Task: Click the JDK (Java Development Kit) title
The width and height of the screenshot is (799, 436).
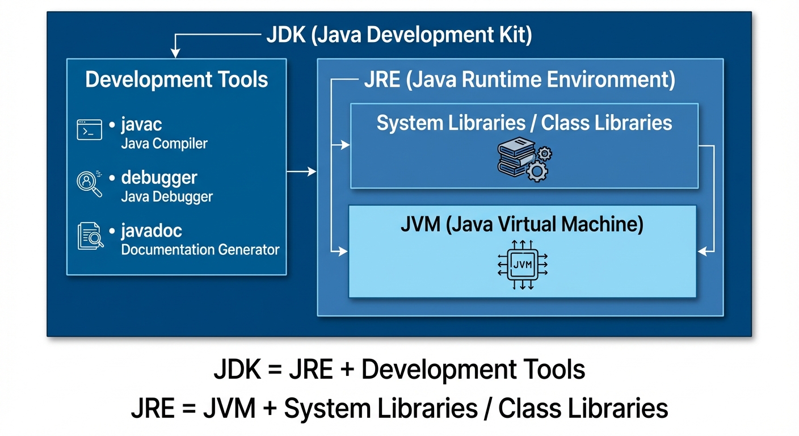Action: click(x=399, y=35)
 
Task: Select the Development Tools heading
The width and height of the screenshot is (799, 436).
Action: click(x=176, y=79)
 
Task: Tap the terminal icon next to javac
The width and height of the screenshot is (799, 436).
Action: click(x=89, y=130)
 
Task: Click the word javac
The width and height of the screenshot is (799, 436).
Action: click(x=142, y=124)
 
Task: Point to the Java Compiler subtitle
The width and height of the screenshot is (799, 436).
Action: click(x=164, y=144)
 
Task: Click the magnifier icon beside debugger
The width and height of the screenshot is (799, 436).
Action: click(x=89, y=183)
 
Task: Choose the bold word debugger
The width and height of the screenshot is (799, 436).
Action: click(x=159, y=178)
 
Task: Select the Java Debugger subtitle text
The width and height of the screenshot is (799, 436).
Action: click(x=167, y=197)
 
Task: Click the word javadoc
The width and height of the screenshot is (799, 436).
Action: click(x=152, y=231)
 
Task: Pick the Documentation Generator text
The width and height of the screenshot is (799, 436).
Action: click(x=200, y=250)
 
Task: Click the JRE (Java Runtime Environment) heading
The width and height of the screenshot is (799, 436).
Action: click(x=519, y=80)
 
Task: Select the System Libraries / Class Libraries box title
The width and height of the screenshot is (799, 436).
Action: click(x=524, y=123)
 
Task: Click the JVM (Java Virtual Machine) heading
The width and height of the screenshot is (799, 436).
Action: click(x=522, y=225)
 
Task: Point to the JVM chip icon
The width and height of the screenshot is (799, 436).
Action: click(x=522, y=265)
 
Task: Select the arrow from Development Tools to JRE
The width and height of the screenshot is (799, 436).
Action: click(x=301, y=171)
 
